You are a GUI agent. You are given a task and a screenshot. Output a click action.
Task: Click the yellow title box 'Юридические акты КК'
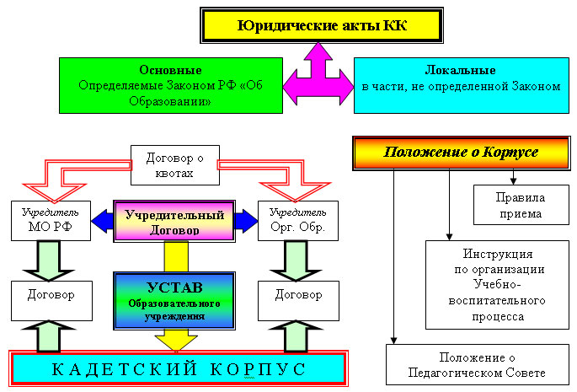tap(322, 25)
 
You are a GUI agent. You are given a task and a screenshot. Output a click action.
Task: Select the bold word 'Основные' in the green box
tap(170, 70)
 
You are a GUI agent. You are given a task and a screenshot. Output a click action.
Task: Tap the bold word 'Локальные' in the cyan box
tap(461, 70)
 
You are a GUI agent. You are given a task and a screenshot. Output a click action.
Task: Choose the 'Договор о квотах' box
tap(175, 165)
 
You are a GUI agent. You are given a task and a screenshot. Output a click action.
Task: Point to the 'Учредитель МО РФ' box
tap(51, 221)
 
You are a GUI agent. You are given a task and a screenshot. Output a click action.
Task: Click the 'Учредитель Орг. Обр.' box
tap(298, 221)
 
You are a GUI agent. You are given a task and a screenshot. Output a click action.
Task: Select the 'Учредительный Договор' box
tap(174, 222)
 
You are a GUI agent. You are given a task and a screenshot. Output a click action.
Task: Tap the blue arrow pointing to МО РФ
tap(102, 221)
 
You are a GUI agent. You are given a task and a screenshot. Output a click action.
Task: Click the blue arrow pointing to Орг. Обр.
tap(246, 221)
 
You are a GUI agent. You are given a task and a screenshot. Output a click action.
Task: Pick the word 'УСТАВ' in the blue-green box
tap(174, 287)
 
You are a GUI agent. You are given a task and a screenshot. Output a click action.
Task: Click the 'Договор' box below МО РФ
tap(51, 301)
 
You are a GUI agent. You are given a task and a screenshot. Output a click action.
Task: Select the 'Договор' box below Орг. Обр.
tap(298, 301)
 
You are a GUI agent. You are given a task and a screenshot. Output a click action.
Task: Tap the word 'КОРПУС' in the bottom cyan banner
tap(259, 369)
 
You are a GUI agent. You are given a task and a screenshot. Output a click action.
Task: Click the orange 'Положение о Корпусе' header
tap(461, 153)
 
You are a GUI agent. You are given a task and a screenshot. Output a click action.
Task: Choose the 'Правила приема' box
tap(521, 205)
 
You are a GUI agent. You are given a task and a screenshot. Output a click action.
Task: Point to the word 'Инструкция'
tap(498, 254)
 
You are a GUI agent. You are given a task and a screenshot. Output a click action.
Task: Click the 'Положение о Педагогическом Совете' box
tap(478, 365)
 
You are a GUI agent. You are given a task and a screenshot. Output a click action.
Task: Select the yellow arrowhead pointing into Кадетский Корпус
tap(176, 341)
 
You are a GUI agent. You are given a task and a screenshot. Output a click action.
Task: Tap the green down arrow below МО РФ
tap(49, 261)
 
